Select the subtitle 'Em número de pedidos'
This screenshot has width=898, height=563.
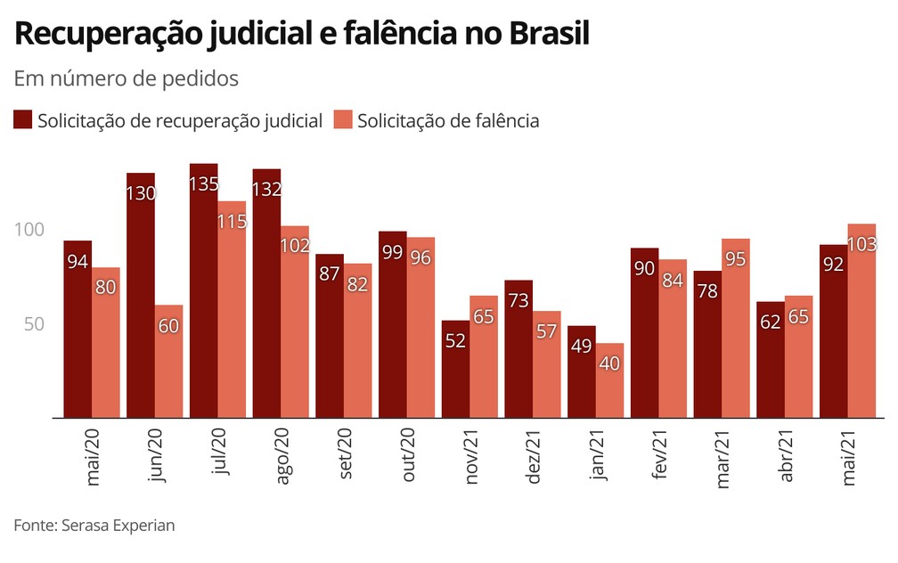coord(127,78)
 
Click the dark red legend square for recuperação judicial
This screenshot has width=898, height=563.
coord(23,120)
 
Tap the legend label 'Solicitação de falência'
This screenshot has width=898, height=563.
coord(448,120)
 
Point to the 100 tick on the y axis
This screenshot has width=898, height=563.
coord(29,230)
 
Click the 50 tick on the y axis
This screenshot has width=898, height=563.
coord(35,324)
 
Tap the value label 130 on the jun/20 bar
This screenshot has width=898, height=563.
coord(141,193)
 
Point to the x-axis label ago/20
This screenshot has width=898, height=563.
coord(284,457)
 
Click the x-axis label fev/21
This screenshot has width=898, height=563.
coord(661,455)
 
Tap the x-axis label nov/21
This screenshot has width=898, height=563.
coord(472,457)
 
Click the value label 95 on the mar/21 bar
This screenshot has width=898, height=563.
coord(736,259)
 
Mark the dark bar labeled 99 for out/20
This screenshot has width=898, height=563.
coord(393,325)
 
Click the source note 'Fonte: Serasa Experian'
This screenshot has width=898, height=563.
coord(94,525)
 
